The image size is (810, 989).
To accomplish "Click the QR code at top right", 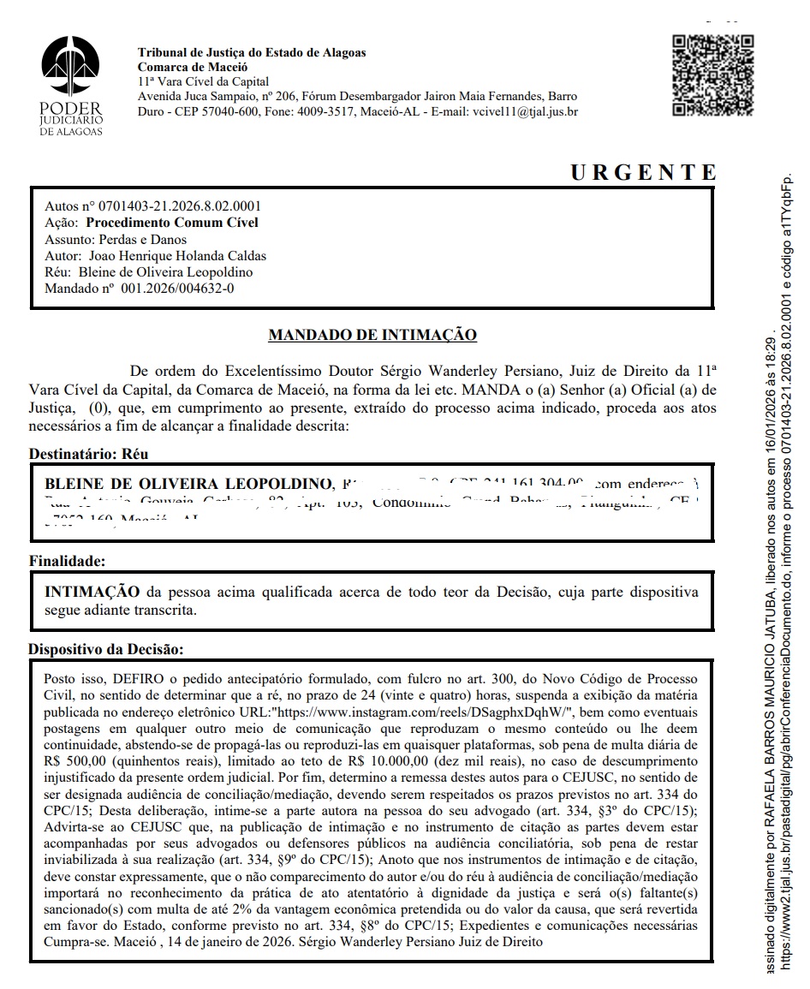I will click(x=713, y=74).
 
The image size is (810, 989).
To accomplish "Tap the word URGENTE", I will click(x=642, y=172).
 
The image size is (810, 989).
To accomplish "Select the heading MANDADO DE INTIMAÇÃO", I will click(x=372, y=335).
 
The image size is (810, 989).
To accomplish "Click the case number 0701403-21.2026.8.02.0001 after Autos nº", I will click(x=180, y=206).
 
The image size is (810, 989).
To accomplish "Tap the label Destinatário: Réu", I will click(x=82, y=454).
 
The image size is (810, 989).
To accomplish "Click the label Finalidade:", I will click(x=67, y=562).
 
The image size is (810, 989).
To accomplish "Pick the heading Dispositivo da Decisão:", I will click(x=106, y=649).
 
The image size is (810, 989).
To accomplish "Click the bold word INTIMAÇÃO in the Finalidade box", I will click(x=92, y=593).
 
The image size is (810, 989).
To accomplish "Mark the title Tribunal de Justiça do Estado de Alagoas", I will click(x=252, y=53).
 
